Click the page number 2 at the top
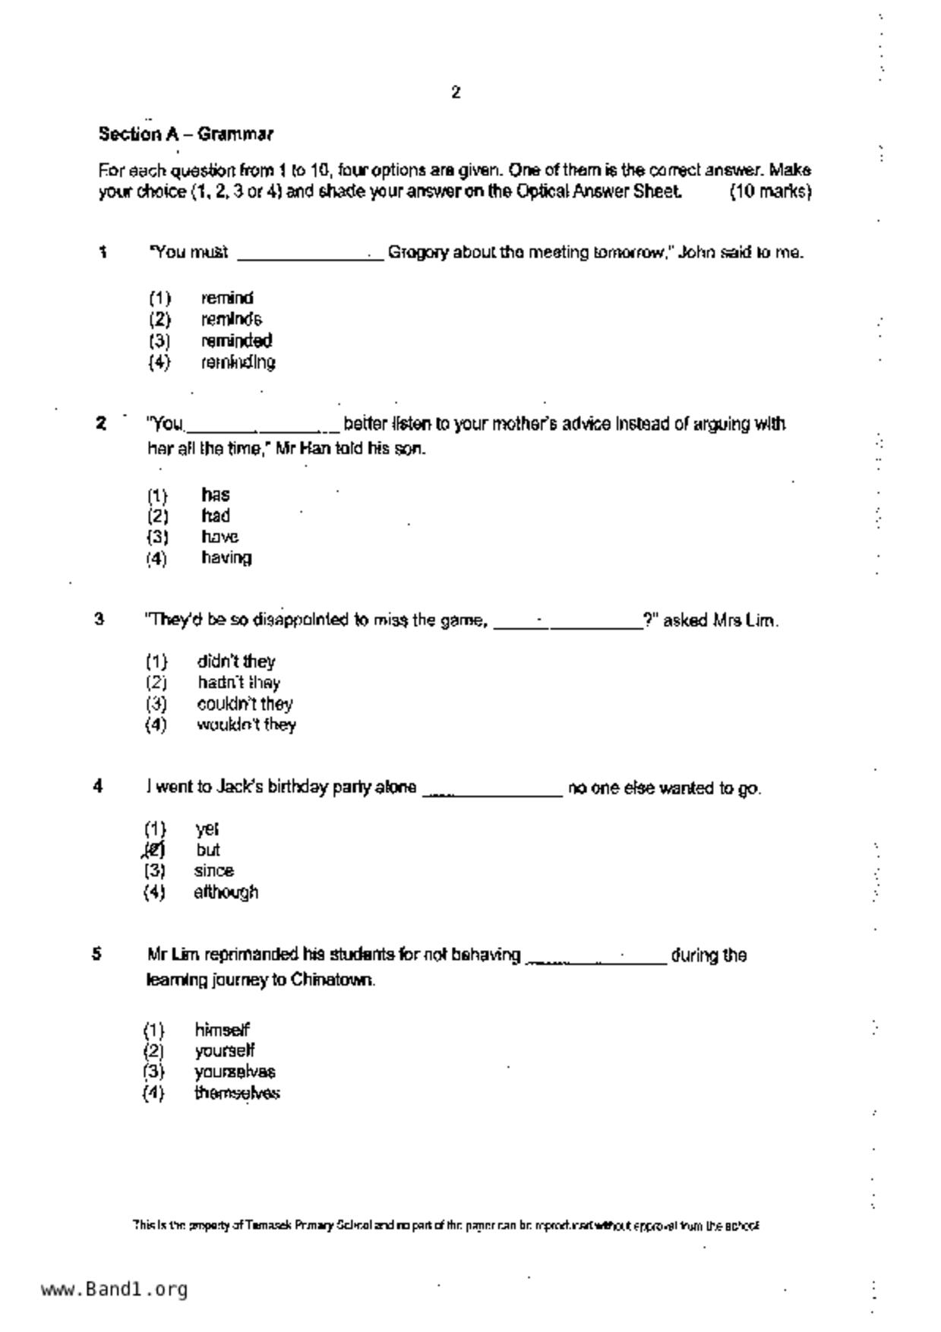456,93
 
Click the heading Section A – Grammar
185,134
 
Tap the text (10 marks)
770,191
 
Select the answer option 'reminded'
236,340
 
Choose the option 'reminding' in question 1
238,361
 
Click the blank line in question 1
310,255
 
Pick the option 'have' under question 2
219,537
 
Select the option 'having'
226,557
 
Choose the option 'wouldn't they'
246,724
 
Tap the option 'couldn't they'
245,704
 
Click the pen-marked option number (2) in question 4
154,850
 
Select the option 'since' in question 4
213,870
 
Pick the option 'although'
226,892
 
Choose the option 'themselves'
237,1093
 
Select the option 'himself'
222,1030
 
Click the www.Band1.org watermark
114,1289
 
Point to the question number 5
97,954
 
